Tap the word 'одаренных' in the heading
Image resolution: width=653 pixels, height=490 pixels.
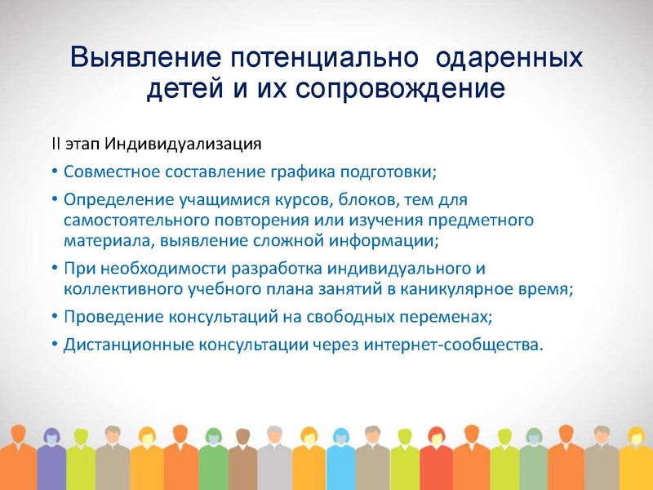click(x=510, y=58)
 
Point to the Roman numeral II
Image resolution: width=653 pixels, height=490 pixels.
click(x=57, y=145)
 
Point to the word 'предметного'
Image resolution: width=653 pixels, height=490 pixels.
click(x=487, y=220)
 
